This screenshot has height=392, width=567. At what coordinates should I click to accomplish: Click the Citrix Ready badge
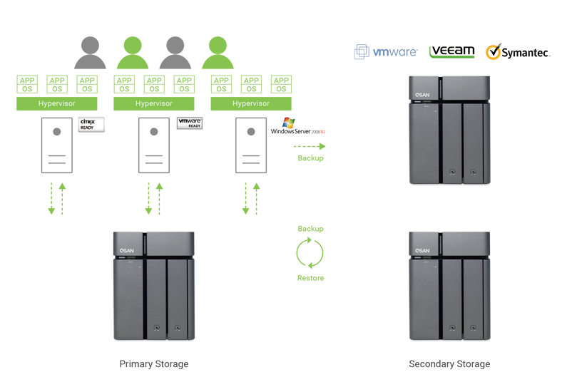pos(92,124)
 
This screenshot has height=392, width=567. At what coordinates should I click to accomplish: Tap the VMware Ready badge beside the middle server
pos(190,123)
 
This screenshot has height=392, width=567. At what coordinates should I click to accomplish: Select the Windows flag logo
pos(288,123)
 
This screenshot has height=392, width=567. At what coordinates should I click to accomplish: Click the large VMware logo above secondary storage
pos(385,52)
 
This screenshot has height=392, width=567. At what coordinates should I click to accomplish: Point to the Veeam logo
pos(451,51)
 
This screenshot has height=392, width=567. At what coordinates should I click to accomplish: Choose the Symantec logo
pos(518,52)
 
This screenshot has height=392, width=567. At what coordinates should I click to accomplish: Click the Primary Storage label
pos(154,364)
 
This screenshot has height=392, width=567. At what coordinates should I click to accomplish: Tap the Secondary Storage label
pos(449,364)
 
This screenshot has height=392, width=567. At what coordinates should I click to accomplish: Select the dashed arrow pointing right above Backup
pos(310,146)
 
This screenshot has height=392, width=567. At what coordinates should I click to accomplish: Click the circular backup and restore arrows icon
pos(310,253)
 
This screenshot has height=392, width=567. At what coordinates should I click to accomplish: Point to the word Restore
pos(310,277)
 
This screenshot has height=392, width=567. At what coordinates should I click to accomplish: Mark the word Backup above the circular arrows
pos(310,229)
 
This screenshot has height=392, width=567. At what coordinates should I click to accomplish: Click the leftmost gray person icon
pos(90,53)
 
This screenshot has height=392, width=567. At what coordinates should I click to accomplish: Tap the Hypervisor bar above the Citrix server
pos(57,104)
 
